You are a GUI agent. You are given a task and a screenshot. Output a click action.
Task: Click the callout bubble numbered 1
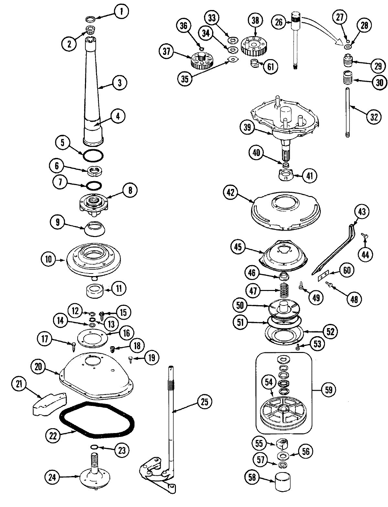(x=121, y=12)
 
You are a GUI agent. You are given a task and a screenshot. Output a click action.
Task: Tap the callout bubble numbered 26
(x=279, y=22)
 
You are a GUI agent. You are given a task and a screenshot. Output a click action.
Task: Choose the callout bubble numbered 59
(x=329, y=390)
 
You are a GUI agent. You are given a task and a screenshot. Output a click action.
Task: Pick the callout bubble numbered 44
(x=365, y=254)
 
